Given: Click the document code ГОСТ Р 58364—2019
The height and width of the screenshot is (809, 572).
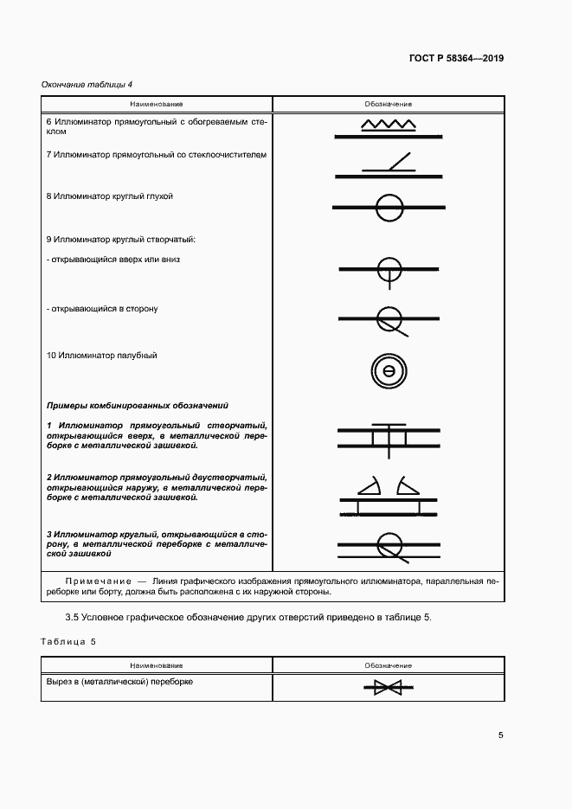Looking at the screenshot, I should coord(456,59).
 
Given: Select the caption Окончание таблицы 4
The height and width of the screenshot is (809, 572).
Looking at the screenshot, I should coord(87,84).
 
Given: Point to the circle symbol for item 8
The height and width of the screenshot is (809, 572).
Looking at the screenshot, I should coord(389,207).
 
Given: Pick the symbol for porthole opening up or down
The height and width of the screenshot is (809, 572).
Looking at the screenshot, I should coord(389,269).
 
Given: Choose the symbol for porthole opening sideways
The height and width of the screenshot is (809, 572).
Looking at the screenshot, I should coord(389,318).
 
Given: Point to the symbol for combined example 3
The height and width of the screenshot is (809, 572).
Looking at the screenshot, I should coord(389,544).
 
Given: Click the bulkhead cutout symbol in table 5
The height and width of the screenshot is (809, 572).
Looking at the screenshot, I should coord(388,688).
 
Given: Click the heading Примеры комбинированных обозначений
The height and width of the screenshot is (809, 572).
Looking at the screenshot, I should coord(137,404).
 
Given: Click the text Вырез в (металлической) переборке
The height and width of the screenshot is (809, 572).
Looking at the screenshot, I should coord(119,682).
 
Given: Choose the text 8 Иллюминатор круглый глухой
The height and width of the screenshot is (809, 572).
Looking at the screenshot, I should coord(110,196).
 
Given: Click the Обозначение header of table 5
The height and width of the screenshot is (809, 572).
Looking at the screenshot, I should coord(388,665).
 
